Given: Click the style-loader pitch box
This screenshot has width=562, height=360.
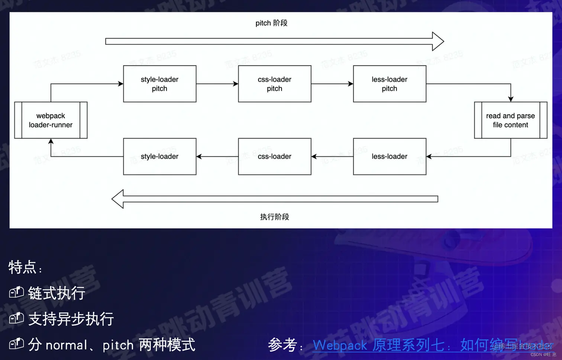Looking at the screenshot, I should (159, 84).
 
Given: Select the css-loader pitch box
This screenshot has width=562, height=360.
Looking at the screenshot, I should (274, 84).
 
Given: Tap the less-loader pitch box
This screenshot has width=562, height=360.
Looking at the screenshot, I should (389, 84).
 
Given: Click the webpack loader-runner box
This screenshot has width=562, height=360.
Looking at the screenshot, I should (51, 120).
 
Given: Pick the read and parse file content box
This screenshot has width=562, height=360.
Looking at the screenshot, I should (510, 120).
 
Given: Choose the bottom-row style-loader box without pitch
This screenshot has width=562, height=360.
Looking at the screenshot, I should (159, 157).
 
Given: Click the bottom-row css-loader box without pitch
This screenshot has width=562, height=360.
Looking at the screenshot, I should (274, 157).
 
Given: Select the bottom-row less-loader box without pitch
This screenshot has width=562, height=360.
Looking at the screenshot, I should (389, 157).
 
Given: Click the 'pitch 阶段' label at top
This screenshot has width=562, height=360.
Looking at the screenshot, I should (271, 23).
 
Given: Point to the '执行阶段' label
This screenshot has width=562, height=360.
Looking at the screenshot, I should (274, 217).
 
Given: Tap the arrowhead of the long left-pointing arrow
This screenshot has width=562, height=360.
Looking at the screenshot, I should (118, 199).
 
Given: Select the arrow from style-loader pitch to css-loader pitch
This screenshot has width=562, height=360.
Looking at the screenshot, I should (217, 84).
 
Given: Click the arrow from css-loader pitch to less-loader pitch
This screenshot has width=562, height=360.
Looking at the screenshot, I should (332, 84).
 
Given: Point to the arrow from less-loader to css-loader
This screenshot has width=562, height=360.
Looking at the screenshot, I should (332, 157).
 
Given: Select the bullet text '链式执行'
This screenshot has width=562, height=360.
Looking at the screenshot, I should (56, 293).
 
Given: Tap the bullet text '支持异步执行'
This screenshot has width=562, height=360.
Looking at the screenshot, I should (71, 319).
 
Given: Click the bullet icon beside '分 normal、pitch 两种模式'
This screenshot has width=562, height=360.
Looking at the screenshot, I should (16, 344).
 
